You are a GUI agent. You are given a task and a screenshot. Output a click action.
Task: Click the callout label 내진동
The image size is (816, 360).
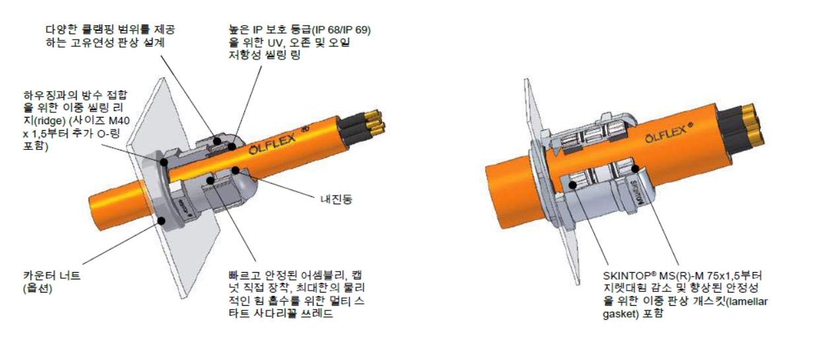click(x=336, y=199)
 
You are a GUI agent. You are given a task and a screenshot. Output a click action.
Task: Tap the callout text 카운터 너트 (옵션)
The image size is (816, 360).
click(x=51, y=282)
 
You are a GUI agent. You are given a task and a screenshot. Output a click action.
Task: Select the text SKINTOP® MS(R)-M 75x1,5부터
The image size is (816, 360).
click(x=682, y=275)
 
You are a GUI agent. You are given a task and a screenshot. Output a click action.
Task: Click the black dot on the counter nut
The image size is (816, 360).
click(x=161, y=221)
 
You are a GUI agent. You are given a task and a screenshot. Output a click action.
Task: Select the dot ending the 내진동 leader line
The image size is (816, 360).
click(x=236, y=170)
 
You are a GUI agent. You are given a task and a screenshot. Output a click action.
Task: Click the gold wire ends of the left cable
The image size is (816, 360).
click(x=374, y=120)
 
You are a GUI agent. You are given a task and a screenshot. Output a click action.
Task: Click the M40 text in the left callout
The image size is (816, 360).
click(x=119, y=121)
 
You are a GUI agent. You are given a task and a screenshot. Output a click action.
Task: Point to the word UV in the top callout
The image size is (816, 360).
click(x=275, y=43)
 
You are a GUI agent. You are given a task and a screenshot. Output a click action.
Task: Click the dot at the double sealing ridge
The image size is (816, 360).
click(x=164, y=162)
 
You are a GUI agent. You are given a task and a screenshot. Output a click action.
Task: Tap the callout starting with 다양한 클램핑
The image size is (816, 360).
click(x=110, y=36)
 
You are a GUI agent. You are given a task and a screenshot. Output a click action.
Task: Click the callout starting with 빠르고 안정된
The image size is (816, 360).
click(x=296, y=295)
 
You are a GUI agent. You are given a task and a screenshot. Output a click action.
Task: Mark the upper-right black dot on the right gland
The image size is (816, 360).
click(x=635, y=168)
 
